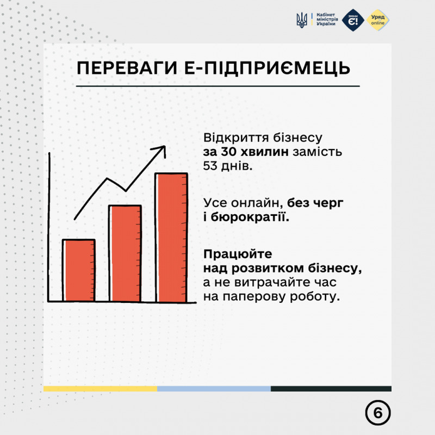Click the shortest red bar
coord(79,270)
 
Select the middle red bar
coord(125,253)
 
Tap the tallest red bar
coord(171,238)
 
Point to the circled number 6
coord(377,413)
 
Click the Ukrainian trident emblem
coord(302,20)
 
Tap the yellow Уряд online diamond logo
coord(378,20)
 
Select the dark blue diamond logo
coord(353,20)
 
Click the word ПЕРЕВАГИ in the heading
coord(127,68)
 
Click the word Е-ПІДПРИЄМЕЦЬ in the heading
coord(267,68)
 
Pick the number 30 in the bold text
coord(228,152)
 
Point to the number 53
coord(210,166)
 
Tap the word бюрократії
coord(250,217)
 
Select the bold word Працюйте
coord(238,254)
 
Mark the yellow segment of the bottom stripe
coord(100,388)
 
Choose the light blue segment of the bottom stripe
coord(214,388)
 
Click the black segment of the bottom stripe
coord(331,388)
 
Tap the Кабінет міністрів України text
coord(327,20)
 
